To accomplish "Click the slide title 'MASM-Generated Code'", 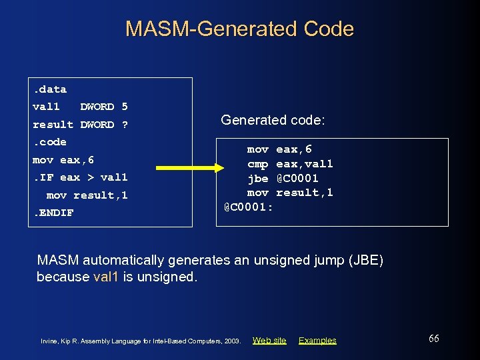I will tap(239, 29).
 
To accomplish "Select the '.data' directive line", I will tap(50, 89).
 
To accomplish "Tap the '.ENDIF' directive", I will tap(54, 213).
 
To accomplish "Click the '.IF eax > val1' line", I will tap(80, 177).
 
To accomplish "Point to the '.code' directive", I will tap(50, 142).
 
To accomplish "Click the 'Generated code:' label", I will tap(273, 120).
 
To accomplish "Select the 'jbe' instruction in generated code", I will tap(257, 178).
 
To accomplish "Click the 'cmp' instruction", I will tap(257, 164).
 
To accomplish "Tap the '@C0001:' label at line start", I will tap(248, 207).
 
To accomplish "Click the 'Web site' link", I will tap(269, 341).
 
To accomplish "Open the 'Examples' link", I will tap(317, 341).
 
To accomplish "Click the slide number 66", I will tap(433, 339).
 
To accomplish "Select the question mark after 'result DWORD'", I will tap(125, 125).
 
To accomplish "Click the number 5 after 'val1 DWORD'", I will tap(125, 107).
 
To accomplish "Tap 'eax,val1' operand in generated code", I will tap(304, 164).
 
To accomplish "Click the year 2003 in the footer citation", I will tap(232, 341).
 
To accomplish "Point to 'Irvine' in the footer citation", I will tap(50, 341).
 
